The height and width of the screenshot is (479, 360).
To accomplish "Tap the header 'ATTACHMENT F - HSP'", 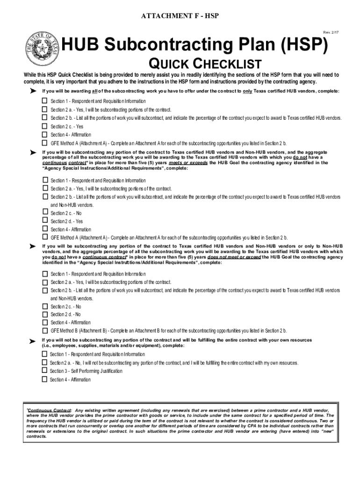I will [180, 16].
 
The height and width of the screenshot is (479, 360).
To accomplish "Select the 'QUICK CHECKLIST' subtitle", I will [204, 64].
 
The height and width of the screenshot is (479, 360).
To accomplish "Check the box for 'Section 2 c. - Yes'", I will [45, 126].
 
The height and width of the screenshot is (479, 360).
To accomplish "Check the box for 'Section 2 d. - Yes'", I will [45, 221].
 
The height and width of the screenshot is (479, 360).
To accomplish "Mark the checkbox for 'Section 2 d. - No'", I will [45, 314].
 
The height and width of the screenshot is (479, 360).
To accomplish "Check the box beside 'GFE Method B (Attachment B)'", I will [45, 331].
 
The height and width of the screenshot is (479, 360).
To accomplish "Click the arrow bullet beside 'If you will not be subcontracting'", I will [33, 342].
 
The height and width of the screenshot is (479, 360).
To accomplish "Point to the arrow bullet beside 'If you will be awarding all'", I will [33, 91].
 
